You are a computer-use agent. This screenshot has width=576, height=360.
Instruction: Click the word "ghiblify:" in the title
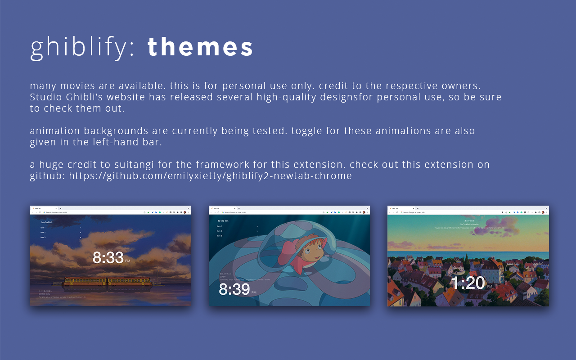[x=82, y=47]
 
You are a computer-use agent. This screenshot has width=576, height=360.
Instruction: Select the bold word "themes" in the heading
[x=200, y=47]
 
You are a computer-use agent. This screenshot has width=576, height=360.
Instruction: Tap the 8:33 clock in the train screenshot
[x=108, y=258]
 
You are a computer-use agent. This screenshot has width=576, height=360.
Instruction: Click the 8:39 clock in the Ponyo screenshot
[x=234, y=289]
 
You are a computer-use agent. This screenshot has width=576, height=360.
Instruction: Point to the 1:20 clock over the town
[x=468, y=283]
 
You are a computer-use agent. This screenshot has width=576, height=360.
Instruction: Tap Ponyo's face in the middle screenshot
[x=311, y=248]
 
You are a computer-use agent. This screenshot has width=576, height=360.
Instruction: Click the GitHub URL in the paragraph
[x=210, y=176]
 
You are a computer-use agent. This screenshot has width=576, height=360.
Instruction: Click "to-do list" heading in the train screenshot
[x=47, y=222]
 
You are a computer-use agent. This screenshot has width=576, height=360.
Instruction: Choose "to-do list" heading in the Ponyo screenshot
[x=223, y=221]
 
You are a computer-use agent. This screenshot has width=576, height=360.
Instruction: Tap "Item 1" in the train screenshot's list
[x=43, y=228]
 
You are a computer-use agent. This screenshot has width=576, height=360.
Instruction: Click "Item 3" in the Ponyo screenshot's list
[x=220, y=236]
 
